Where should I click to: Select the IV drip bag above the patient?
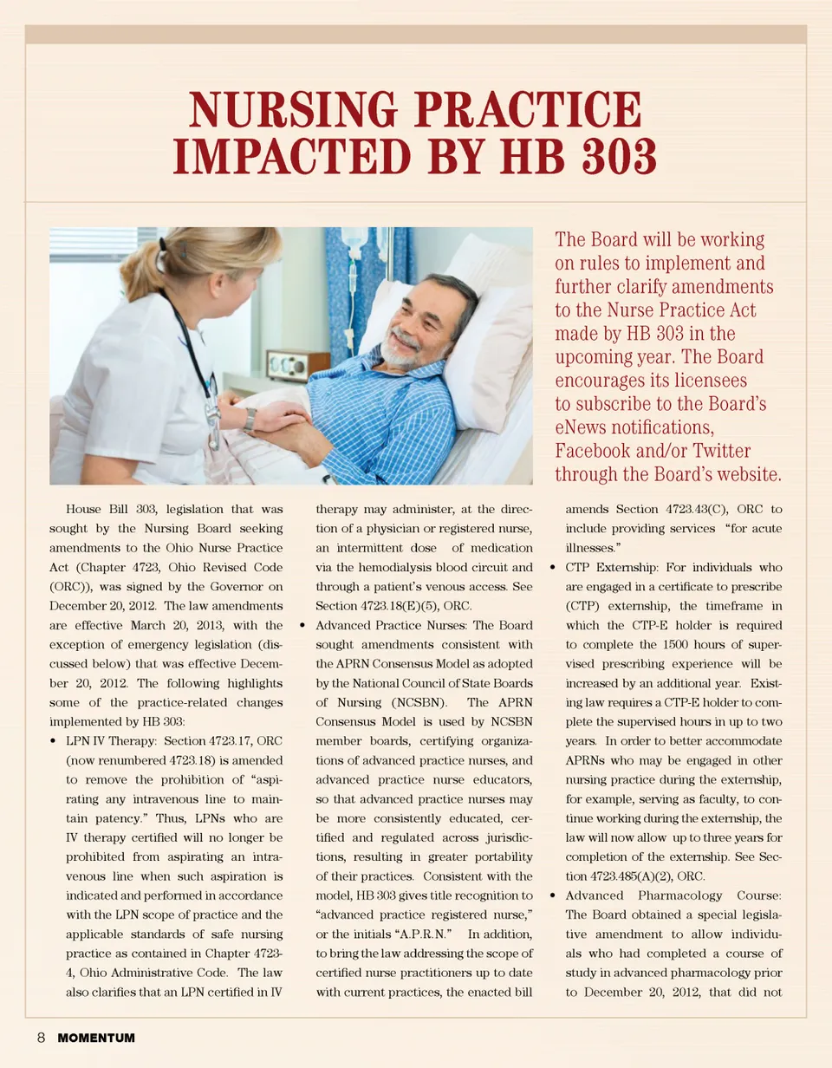pyautogui.click(x=354, y=247)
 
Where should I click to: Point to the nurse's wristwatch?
pyautogui.click(x=250, y=420)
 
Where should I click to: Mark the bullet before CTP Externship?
pyautogui.click(x=553, y=568)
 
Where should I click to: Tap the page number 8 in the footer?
pyautogui.click(x=41, y=1038)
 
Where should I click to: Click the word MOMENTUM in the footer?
pyautogui.click(x=96, y=1038)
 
